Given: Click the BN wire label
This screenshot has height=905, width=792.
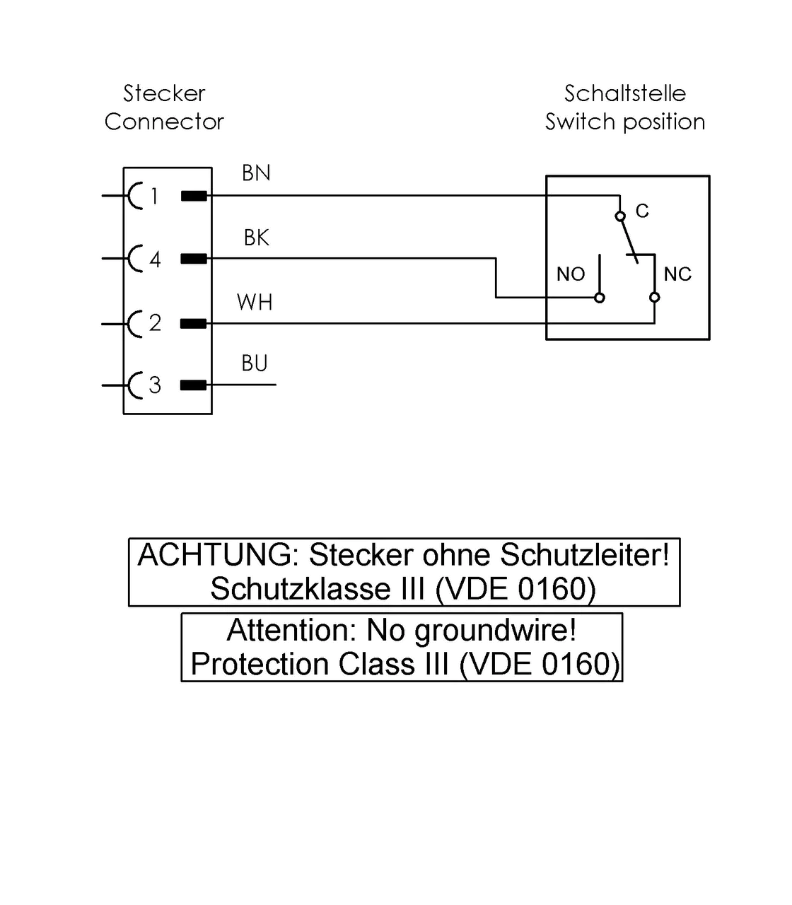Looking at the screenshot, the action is [256, 173].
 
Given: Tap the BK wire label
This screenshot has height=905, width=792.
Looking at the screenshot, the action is [256, 238].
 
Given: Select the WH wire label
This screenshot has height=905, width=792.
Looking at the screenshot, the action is [255, 302].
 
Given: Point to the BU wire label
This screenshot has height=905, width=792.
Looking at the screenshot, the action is [255, 363].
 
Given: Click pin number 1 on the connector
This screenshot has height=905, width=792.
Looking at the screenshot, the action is [154, 196].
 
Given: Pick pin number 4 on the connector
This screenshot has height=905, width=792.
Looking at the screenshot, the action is [155, 259].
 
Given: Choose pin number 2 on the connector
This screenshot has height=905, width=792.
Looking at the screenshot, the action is [155, 323].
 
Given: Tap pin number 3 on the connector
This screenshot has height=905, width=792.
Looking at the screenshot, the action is [155, 385].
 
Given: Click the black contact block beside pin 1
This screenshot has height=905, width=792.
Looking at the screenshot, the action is [194, 196].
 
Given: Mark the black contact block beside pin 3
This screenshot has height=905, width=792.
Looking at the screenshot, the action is [193, 385].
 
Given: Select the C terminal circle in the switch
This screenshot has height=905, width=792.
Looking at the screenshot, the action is [620, 216].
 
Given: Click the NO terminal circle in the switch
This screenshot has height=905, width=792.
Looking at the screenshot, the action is [600, 298].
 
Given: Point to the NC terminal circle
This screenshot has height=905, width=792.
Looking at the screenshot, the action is [655, 297].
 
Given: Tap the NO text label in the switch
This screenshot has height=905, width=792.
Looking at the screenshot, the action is [571, 274].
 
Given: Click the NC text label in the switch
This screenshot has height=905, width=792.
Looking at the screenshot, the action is [677, 274].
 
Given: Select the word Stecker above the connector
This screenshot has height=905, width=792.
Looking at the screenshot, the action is [164, 93].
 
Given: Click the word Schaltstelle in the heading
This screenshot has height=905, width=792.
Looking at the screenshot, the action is [624, 93].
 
